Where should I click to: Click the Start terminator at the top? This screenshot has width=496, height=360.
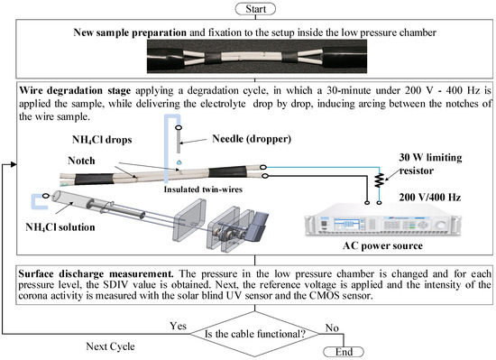(249, 8)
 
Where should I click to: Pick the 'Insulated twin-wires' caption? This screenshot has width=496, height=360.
(218, 191)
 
